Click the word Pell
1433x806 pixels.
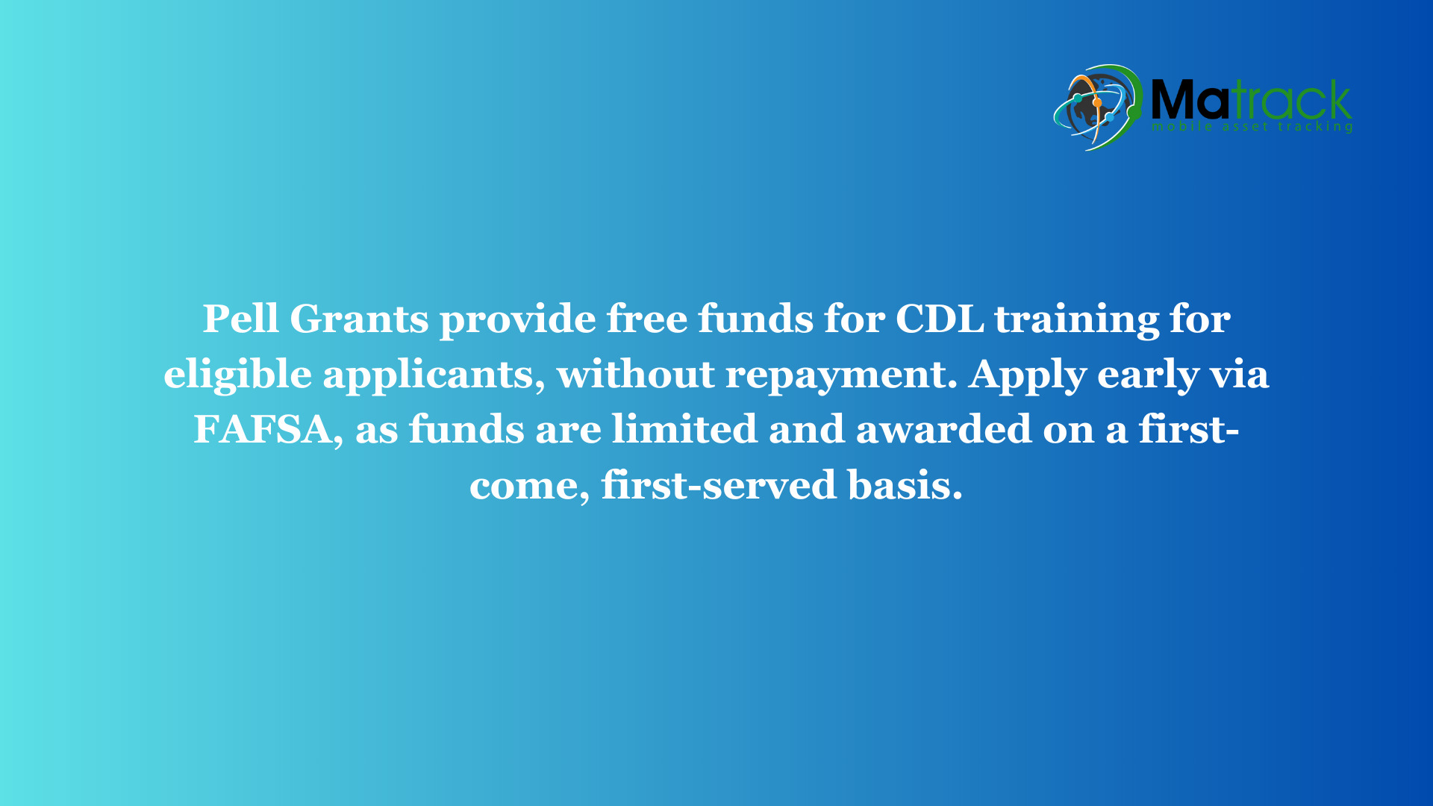click(x=240, y=319)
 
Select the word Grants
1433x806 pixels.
click(x=359, y=319)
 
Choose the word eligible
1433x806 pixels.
click(x=237, y=375)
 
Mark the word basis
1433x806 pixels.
click(x=905, y=485)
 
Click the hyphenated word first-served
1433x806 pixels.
click(x=719, y=485)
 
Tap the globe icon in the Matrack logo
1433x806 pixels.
click(x=1098, y=107)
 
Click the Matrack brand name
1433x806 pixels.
click(x=1252, y=99)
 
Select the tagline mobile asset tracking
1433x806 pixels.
click(x=1252, y=127)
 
